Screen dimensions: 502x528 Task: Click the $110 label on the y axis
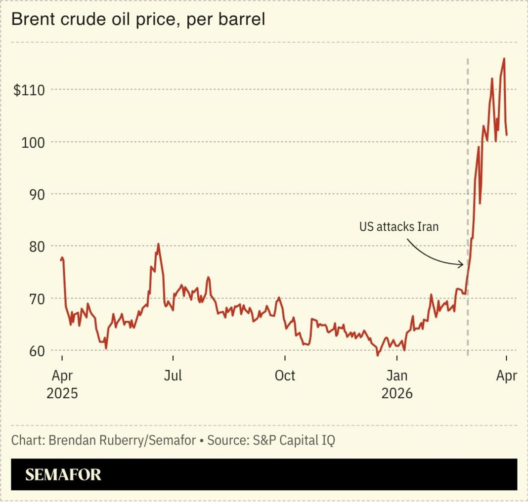[x=30, y=90]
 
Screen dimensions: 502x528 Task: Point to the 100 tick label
[x=33, y=142]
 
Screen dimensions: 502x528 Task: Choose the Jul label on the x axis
[x=173, y=376]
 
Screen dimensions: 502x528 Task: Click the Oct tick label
[x=285, y=376]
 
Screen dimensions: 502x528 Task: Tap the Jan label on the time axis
[x=396, y=376]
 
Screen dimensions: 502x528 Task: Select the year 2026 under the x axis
[x=396, y=394]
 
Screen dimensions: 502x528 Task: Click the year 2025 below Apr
[x=62, y=394]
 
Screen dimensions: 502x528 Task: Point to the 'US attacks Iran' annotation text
[x=398, y=227]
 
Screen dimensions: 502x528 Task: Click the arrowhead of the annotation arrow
[x=463, y=265]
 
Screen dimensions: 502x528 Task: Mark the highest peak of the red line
[x=504, y=58]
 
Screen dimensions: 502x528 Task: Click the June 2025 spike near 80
[x=158, y=244]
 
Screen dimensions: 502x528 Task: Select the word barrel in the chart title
[x=243, y=20]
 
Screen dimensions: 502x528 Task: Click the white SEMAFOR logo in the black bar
[x=63, y=475]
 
